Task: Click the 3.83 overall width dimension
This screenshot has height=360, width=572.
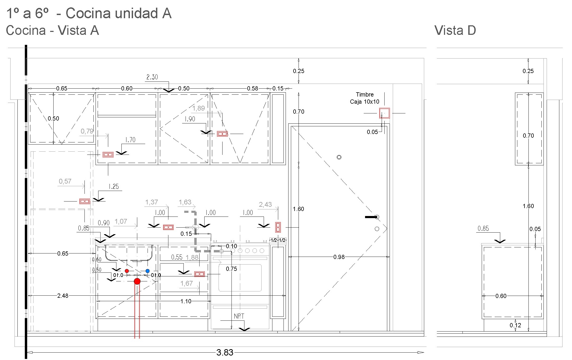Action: coord(225,352)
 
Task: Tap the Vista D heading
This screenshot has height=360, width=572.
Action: coord(455,30)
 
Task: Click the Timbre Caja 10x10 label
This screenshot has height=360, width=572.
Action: coord(365,98)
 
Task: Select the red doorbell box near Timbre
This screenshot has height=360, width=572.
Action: coord(384,113)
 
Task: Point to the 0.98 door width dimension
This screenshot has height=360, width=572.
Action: coord(339,257)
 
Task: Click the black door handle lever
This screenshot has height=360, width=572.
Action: coord(371,217)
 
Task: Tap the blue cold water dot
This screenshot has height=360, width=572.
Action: coord(148,271)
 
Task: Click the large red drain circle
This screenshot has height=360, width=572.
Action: coord(137,281)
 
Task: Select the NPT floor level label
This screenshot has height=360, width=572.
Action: coord(239,316)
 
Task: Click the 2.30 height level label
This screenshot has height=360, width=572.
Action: coord(152,77)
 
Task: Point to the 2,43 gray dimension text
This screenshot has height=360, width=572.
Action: coord(265,205)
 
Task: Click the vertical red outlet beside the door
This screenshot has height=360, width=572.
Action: coord(278,227)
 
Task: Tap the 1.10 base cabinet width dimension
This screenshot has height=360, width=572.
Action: coord(186,301)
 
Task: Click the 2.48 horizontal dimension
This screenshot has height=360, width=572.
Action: coord(63,296)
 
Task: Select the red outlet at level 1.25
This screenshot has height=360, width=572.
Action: coord(85,201)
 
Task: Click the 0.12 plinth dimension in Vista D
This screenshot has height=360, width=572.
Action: coord(515,325)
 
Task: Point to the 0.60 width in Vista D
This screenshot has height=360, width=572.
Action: coord(501,296)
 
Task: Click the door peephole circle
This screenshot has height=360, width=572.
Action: coord(339,157)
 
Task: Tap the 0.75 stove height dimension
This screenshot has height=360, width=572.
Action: coord(231,269)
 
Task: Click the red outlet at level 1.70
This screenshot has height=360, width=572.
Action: coord(108,155)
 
